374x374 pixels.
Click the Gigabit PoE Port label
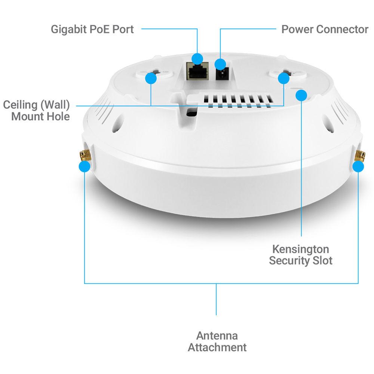[x=92, y=29]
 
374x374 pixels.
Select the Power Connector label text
[x=325, y=29]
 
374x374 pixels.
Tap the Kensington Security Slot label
[x=300, y=255]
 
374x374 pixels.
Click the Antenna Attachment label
[x=217, y=341]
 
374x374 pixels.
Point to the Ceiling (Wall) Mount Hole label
[x=37, y=110]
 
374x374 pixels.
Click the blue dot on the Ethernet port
[x=197, y=58]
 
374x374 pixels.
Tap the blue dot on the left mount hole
[x=151, y=78]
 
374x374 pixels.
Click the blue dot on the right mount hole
[x=283, y=78]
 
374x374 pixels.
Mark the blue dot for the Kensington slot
[x=301, y=95]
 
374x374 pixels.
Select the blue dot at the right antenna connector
[x=358, y=166]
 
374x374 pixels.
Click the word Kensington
[x=300, y=249]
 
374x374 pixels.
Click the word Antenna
[x=217, y=335]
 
